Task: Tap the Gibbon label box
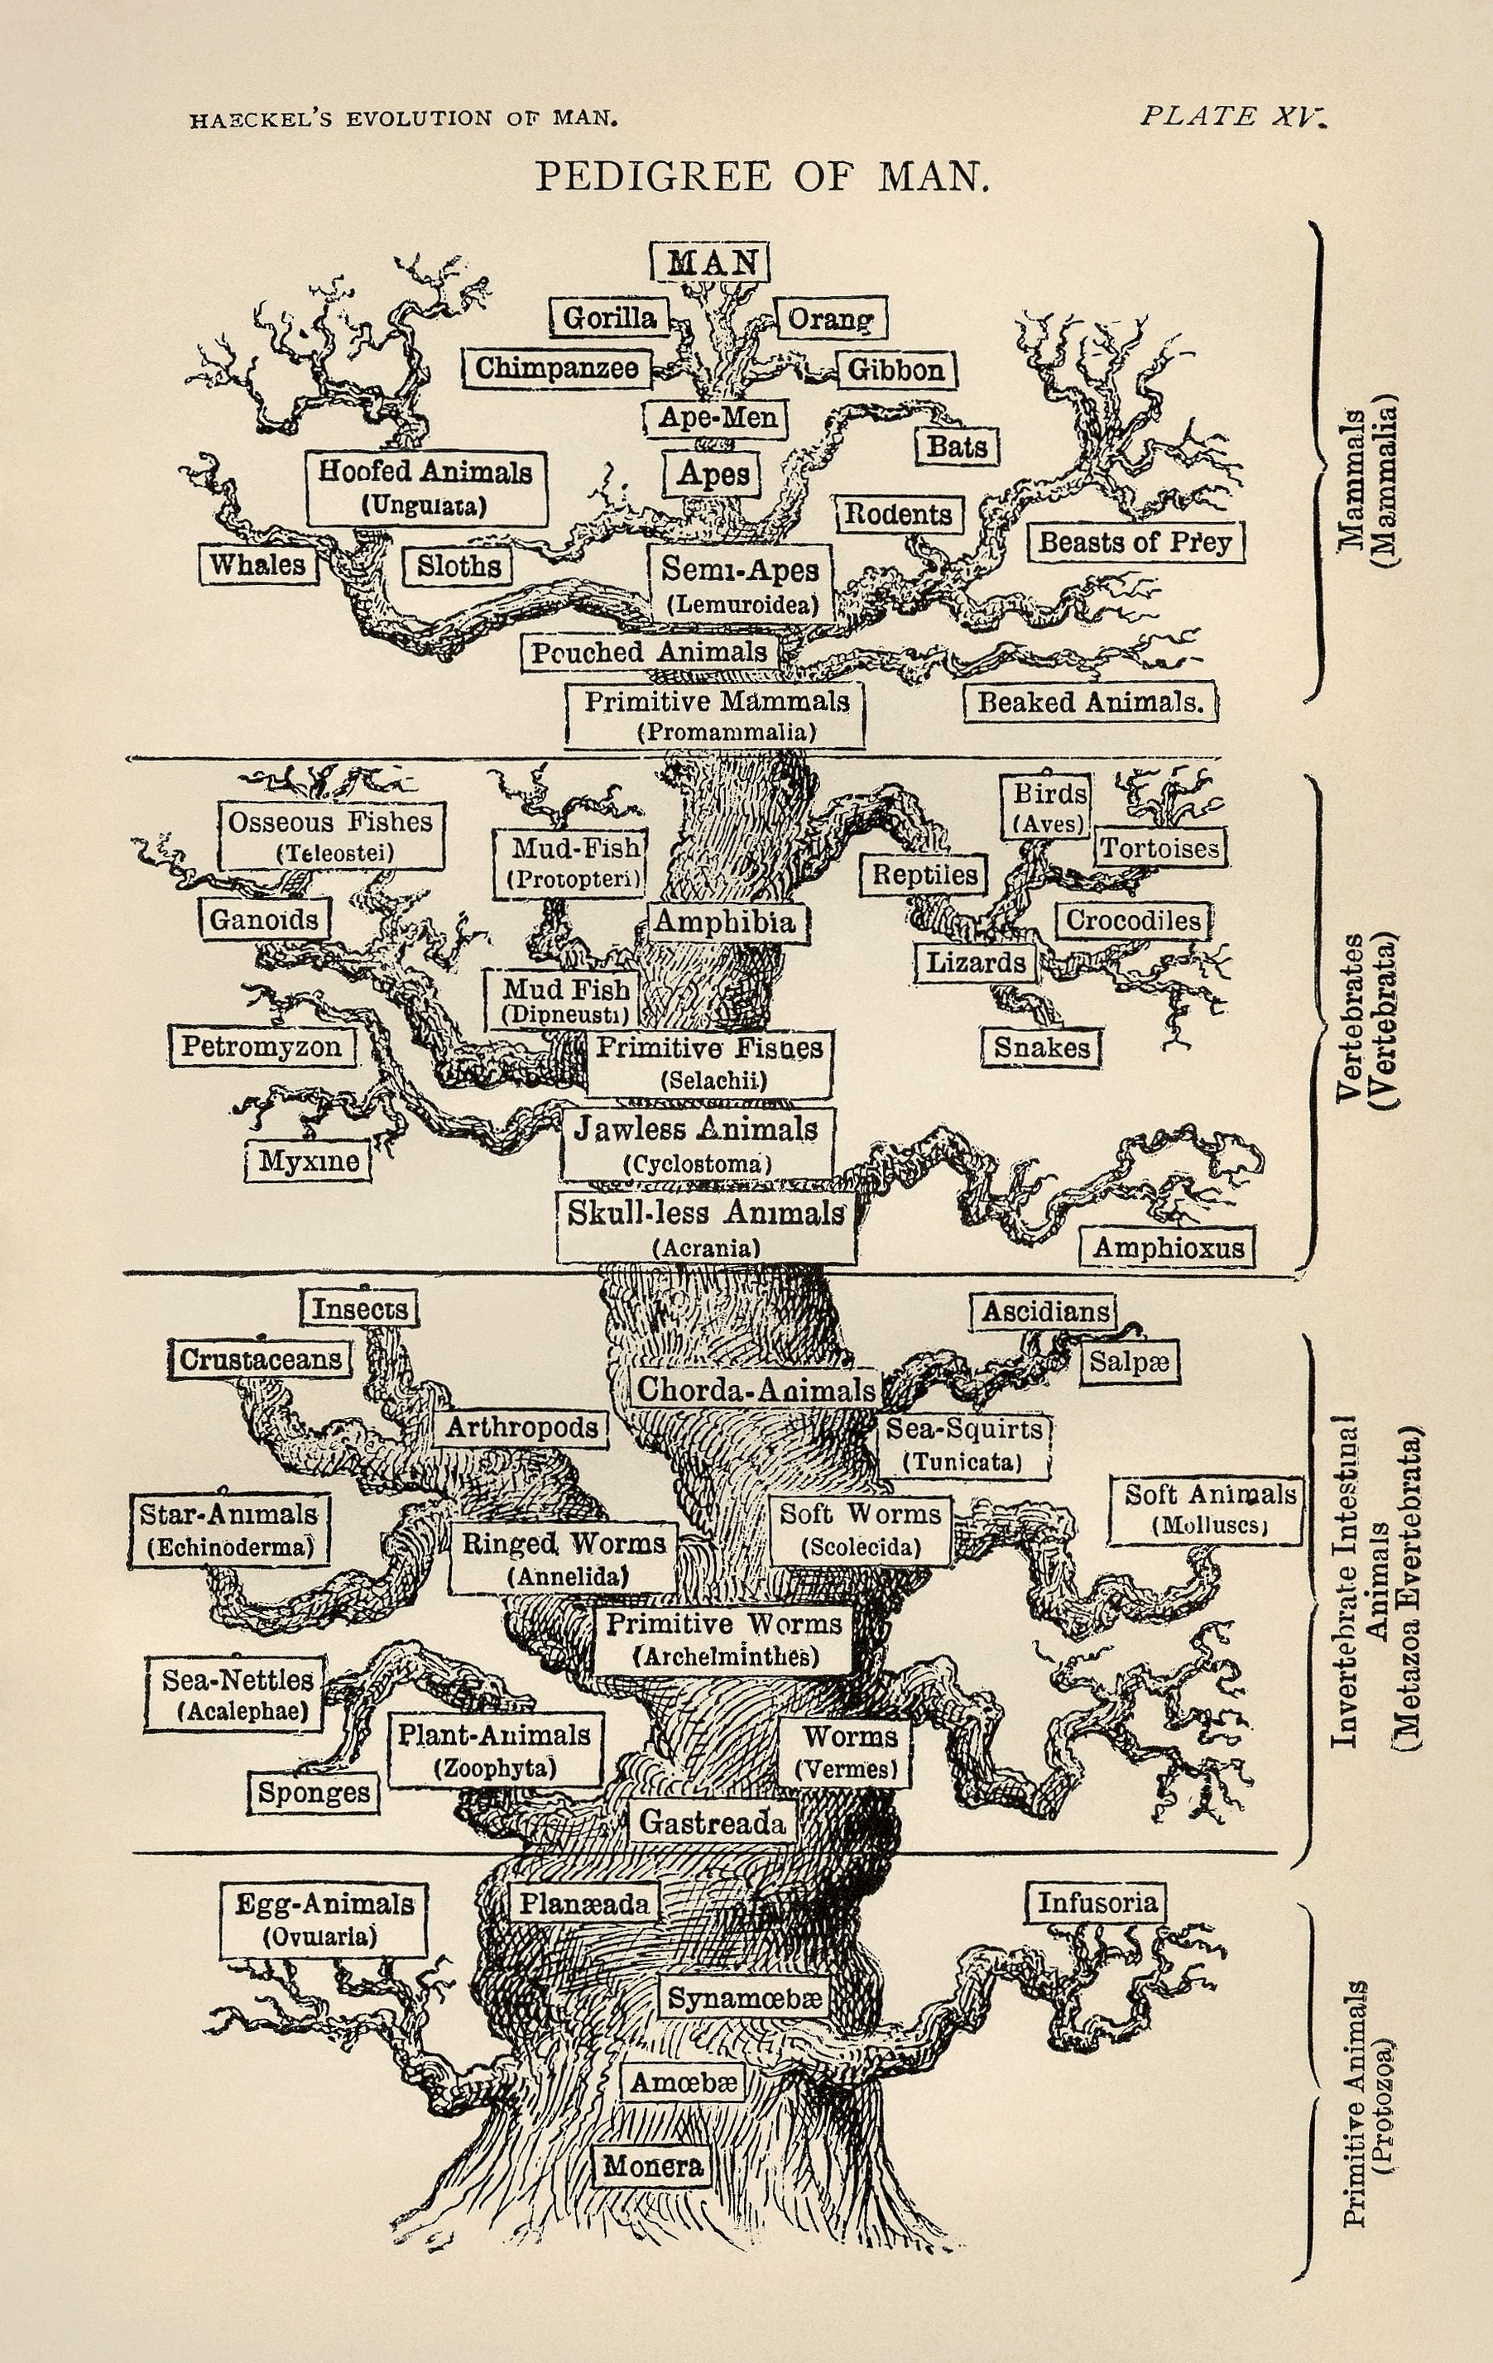coord(896,370)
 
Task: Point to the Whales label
coord(259,564)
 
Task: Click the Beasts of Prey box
coord(1135,542)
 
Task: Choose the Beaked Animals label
coord(1090,702)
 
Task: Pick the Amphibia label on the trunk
coord(724,922)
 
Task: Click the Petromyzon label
coord(261,1046)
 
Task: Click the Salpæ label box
coord(1129,1362)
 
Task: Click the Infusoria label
coord(1097,1903)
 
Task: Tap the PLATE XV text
coord(1232,117)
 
